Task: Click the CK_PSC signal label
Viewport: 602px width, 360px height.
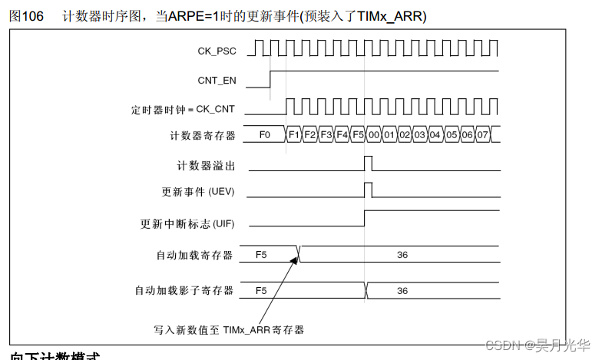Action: coord(217,51)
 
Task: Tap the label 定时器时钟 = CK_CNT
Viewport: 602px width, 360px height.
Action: coord(183,110)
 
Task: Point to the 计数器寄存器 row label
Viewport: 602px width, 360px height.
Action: coord(201,136)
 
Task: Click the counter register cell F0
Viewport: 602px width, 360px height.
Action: coord(265,135)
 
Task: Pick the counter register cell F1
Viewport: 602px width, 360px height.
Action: coord(293,135)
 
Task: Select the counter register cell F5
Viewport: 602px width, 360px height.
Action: coord(359,135)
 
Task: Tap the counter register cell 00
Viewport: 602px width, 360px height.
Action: coord(374,135)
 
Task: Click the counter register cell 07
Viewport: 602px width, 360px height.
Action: coord(482,135)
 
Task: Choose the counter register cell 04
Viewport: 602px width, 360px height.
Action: coord(435,135)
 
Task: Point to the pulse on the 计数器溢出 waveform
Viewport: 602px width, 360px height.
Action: coord(368,163)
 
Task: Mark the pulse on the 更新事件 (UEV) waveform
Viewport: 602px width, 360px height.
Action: coord(368,189)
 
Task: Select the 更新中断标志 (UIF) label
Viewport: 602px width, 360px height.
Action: coord(187,224)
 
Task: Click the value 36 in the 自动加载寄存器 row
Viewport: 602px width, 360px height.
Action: coord(402,255)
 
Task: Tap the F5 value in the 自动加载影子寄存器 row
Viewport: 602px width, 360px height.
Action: coord(261,291)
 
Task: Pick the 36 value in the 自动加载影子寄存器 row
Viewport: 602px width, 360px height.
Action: coord(402,291)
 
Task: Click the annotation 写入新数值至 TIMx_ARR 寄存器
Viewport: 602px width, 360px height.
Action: coord(229,330)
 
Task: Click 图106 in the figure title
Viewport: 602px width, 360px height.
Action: coord(25,16)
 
